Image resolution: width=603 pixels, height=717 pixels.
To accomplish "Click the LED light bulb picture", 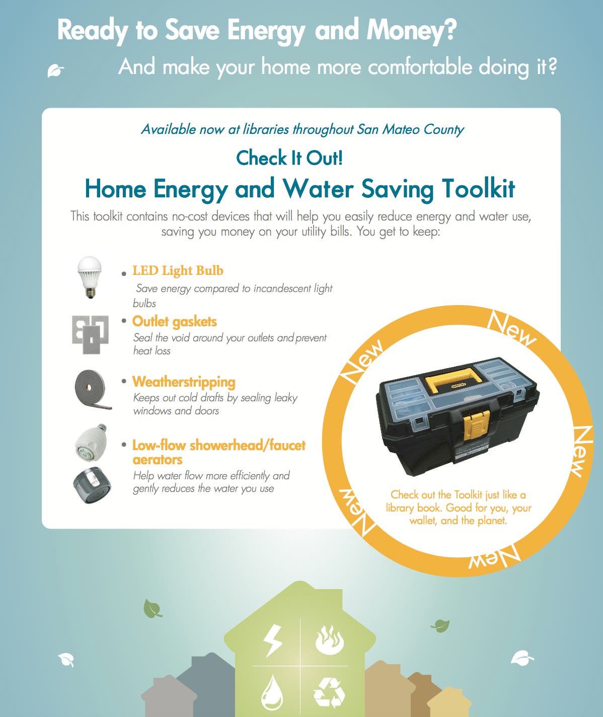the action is tap(90, 277).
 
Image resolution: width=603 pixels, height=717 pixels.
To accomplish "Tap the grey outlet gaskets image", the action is tap(90, 334).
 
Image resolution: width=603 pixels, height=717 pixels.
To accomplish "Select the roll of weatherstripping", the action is tap(93, 389).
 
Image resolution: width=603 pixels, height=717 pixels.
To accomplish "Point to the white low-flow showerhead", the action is tap(91, 443).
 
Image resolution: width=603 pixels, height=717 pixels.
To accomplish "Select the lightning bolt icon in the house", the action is tap(273, 641).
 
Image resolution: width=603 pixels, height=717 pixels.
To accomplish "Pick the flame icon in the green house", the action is tap(330, 640).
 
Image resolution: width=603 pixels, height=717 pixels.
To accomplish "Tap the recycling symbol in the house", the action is tap(329, 693).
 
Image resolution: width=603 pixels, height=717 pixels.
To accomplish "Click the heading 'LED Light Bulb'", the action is tap(178, 271).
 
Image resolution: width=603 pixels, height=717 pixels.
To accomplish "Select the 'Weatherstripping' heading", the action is tap(184, 382).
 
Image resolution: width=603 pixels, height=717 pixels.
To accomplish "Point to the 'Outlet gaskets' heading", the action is tap(175, 322).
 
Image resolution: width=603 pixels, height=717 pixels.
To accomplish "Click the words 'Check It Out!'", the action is tap(289, 158).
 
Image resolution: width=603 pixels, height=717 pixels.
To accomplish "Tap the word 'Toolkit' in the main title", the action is tap(478, 189).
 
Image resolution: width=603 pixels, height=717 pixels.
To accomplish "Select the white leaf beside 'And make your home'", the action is tap(55, 70).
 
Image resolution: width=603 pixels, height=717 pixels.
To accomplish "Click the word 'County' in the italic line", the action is tap(443, 130).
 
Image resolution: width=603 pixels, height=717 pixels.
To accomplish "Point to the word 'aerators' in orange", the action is tap(158, 460).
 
